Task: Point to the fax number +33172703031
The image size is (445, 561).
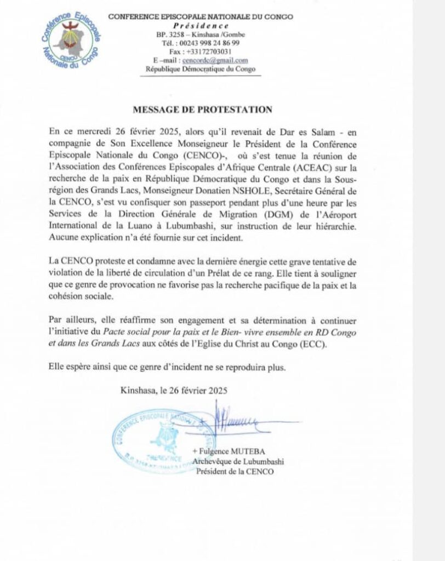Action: (x=201, y=51)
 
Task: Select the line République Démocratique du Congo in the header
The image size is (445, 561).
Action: (x=201, y=69)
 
